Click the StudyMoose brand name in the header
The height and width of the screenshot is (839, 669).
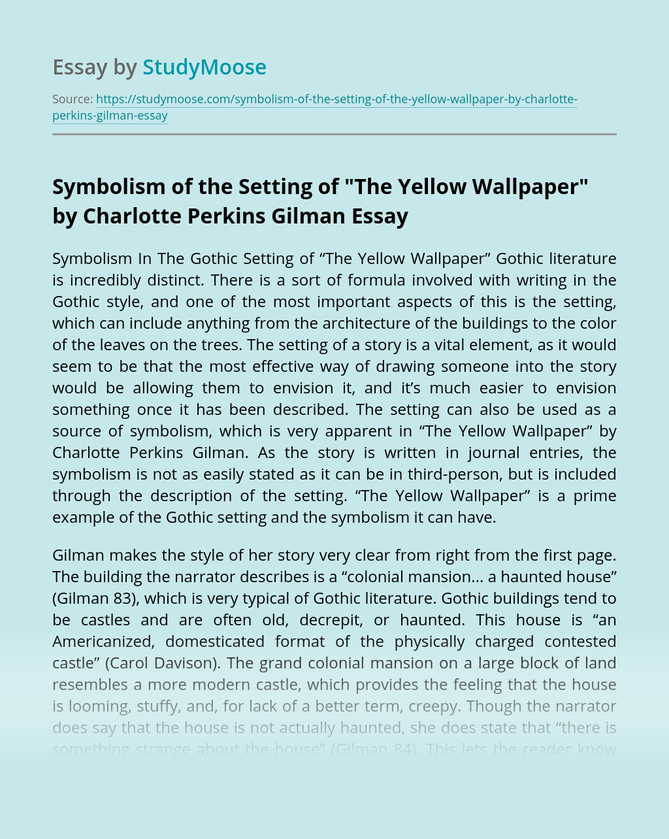click(x=204, y=67)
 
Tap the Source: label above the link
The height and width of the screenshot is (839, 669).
click(x=73, y=99)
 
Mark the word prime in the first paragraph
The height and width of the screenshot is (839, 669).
click(x=595, y=496)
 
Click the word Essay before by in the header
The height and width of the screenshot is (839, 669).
click(x=80, y=67)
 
